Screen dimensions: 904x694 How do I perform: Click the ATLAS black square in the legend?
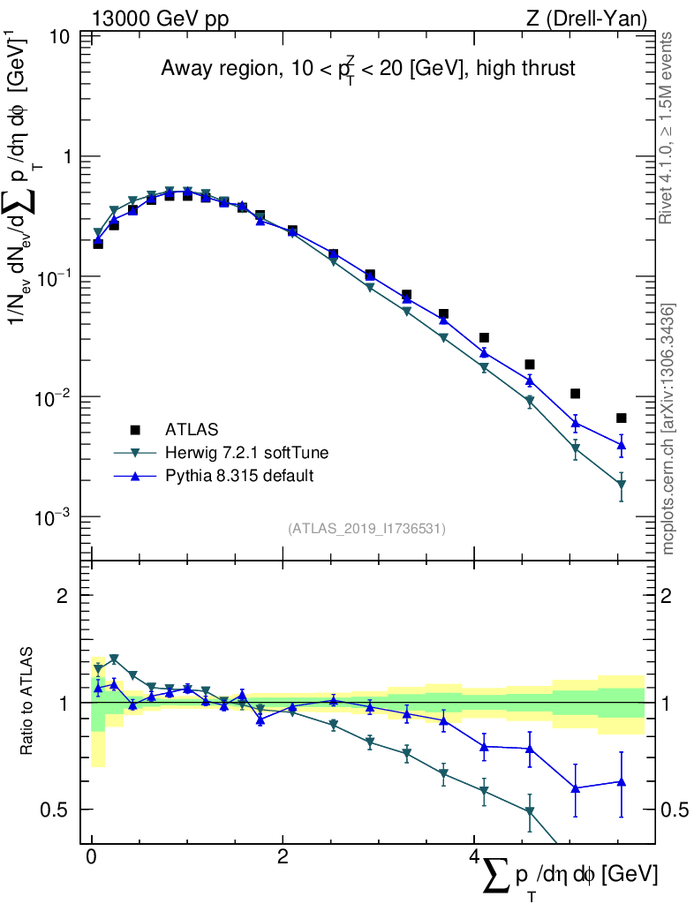click(x=135, y=430)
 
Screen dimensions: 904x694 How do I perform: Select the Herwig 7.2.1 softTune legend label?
click(x=247, y=453)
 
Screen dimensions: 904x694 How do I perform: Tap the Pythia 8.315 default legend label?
click(x=239, y=477)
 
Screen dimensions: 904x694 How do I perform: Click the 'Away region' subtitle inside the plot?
click(x=367, y=69)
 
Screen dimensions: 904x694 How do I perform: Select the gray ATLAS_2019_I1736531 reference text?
click(x=366, y=529)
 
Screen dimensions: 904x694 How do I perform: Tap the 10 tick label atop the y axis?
click(x=61, y=37)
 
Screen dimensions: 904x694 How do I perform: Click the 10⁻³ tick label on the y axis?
click(x=54, y=516)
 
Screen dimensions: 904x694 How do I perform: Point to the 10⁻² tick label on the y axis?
click(x=54, y=397)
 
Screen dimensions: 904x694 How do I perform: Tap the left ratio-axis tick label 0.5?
click(x=57, y=810)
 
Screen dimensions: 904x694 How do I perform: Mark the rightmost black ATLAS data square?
click(x=622, y=418)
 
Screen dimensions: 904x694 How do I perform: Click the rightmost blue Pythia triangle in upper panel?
click(x=622, y=445)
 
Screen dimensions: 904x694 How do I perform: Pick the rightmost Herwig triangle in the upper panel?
click(x=622, y=485)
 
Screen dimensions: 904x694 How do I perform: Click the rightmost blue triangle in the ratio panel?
click(x=622, y=781)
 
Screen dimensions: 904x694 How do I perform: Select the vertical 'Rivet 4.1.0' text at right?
click(x=668, y=128)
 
